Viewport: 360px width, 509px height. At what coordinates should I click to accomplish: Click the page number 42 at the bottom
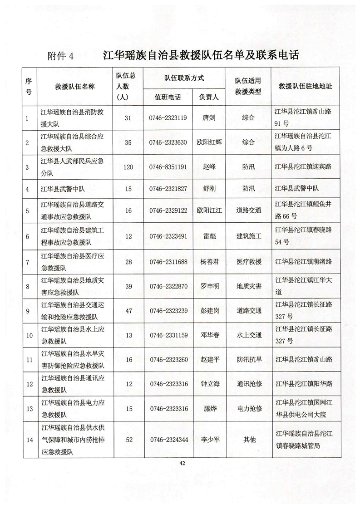[x=182, y=463]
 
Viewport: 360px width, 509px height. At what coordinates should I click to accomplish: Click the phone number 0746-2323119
[x=168, y=118]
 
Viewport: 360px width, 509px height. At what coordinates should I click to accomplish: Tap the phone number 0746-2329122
[x=168, y=211]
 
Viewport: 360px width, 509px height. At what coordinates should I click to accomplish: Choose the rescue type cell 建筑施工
[x=249, y=236]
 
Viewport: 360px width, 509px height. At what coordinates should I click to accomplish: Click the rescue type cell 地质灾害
[x=249, y=286]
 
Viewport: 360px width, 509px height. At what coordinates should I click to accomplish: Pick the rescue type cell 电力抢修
[x=249, y=408]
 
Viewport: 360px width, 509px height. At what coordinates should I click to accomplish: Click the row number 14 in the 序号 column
[x=30, y=439]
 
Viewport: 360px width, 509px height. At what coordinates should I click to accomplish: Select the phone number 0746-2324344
[x=168, y=439]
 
